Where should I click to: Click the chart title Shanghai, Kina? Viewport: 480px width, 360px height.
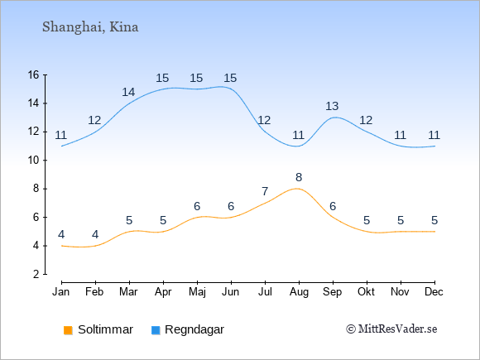pos(90,27)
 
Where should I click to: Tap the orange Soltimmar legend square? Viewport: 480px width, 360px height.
pos(68,330)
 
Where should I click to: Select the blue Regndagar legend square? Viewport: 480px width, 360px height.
pos(156,330)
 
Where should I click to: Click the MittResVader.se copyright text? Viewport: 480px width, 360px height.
pos(391,329)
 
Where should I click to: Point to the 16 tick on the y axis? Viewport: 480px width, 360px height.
pos(33,74)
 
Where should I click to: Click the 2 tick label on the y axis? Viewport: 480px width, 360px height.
pos(36,274)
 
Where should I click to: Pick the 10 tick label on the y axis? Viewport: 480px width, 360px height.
pos(33,160)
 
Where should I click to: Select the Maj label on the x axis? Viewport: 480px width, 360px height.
pos(197,292)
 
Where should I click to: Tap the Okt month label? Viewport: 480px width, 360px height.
pos(366,292)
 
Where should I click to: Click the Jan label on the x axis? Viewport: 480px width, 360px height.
pos(61,292)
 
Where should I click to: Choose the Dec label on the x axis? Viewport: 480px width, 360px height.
pos(434,292)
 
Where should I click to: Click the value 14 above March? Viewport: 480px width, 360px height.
pos(128,92)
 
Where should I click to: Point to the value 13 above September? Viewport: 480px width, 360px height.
pos(332,106)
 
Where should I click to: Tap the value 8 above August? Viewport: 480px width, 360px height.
pos(299,177)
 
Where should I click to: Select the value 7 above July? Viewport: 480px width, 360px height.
pos(265,192)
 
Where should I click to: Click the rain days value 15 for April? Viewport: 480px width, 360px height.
pos(162,78)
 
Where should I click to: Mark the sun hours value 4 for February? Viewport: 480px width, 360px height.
pos(95,234)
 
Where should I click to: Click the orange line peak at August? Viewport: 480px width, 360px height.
pos(297,189)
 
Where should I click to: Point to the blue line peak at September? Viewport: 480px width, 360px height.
pos(335,118)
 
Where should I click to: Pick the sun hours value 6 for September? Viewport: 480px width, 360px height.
pos(333,206)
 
